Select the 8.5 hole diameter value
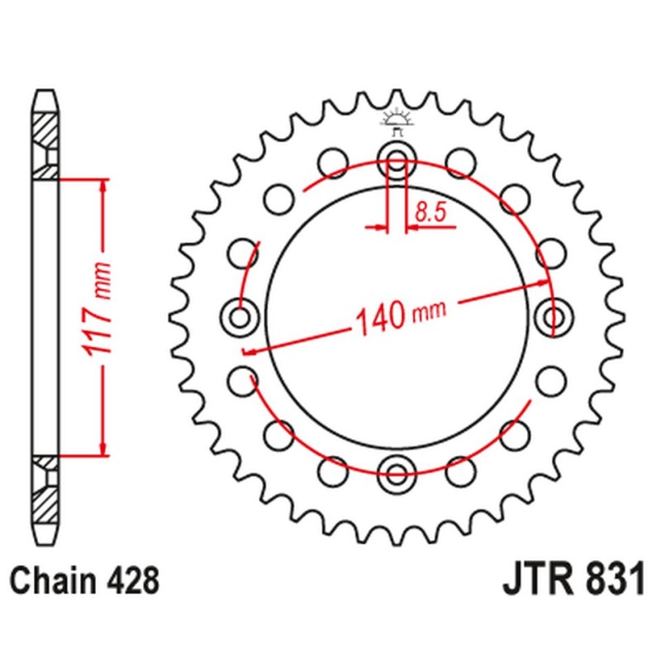point(430,212)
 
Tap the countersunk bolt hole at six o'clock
point(397,473)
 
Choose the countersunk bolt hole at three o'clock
point(554,316)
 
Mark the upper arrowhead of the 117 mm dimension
point(102,183)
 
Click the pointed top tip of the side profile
point(46,90)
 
